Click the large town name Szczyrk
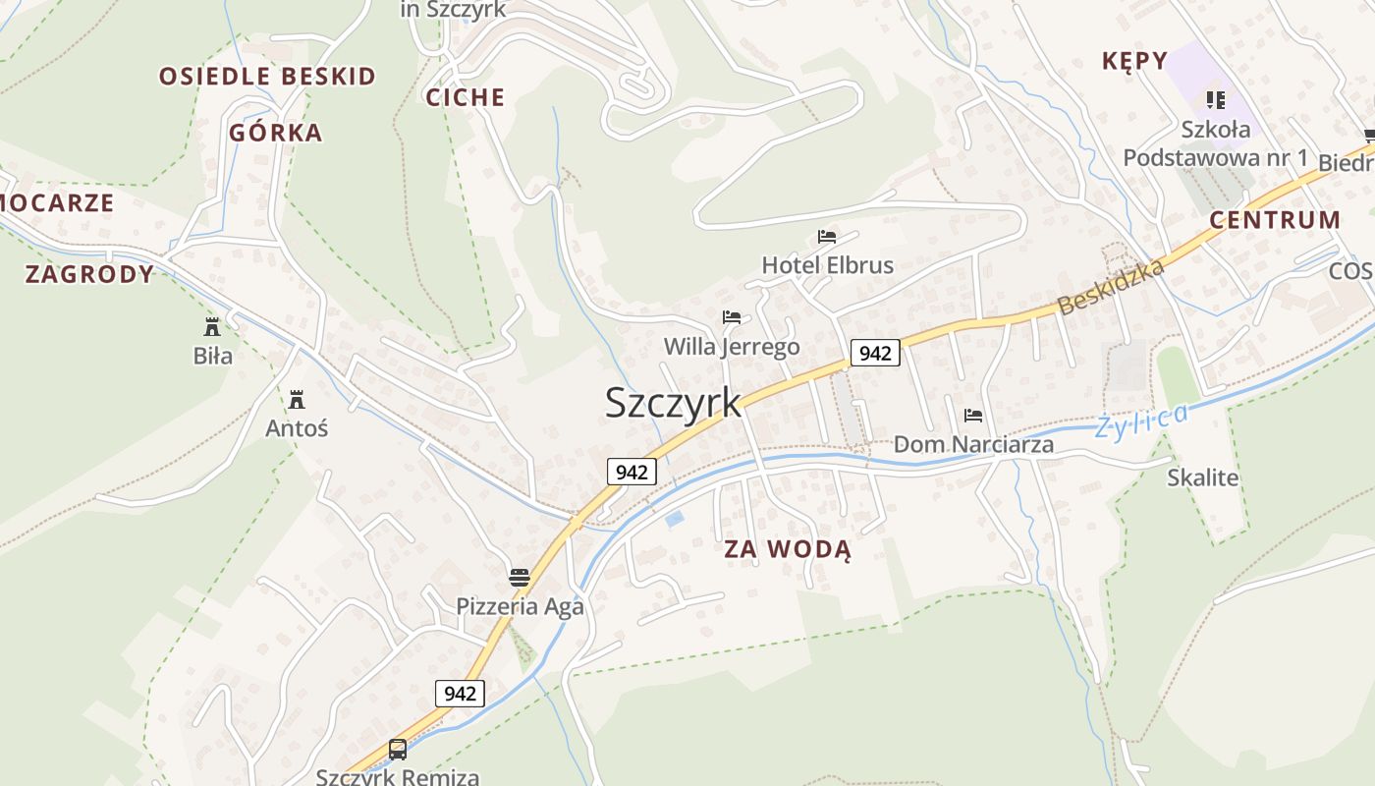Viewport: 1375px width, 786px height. point(673,402)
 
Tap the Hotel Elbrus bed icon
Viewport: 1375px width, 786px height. point(827,237)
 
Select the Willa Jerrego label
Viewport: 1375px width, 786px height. point(732,347)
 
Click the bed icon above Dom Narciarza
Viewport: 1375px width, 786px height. point(973,416)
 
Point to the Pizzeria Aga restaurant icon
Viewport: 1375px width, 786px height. point(520,577)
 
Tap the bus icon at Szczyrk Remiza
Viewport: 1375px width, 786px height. point(398,750)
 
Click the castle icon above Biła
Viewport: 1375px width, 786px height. point(212,326)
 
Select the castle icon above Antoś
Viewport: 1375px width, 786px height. point(297,399)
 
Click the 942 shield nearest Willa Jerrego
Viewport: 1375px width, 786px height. point(874,353)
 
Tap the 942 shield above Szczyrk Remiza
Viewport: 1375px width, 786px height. point(460,693)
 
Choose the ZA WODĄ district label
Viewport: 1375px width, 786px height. point(788,549)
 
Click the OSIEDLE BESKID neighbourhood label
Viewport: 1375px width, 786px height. point(267,77)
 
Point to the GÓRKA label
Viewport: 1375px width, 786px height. point(276,133)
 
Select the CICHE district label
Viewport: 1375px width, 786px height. point(466,97)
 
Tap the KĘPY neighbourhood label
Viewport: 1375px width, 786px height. point(1134,61)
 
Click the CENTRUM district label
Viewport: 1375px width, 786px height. point(1275,220)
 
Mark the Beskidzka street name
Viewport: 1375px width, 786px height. point(1111,286)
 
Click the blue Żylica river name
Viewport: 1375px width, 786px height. point(1140,421)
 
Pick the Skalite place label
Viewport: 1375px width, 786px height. point(1202,478)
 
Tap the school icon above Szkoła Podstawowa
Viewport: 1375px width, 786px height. point(1216,99)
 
